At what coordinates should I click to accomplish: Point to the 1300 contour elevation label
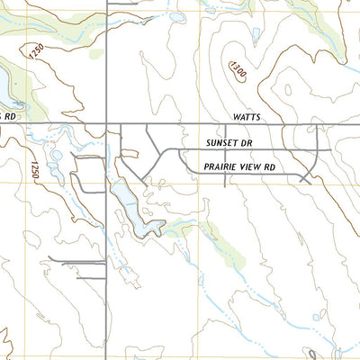coord(238,69)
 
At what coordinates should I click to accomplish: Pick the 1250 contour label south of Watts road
coord(34,170)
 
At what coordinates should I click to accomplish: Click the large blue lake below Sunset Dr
coord(130,207)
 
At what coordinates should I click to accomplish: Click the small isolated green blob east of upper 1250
coord(96,54)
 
